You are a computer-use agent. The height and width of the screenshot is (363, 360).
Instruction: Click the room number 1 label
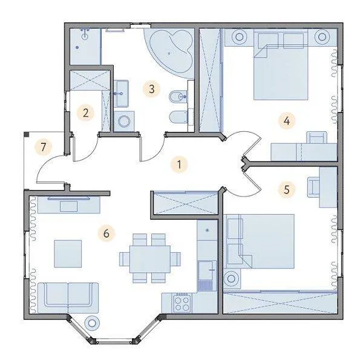click(179, 165)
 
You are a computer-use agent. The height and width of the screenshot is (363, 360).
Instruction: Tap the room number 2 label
click(86, 113)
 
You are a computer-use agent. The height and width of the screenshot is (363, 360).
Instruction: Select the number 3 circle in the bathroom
click(152, 89)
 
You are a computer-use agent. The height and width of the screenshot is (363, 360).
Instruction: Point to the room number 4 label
click(287, 120)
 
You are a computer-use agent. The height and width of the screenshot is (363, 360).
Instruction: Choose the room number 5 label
click(287, 189)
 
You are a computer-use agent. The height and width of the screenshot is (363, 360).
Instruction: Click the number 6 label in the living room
click(106, 234)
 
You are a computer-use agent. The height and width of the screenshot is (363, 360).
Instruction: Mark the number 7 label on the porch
click(43, 147)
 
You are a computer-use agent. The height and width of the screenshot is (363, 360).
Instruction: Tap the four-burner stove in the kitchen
click(182, 304)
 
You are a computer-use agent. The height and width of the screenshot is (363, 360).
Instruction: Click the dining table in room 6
click(150, 259)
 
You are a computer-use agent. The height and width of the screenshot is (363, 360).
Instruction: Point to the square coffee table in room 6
click(68, 253)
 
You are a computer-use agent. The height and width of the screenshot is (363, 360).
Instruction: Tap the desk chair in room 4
click(317, 137)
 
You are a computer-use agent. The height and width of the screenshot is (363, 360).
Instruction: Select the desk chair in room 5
click(313, 187)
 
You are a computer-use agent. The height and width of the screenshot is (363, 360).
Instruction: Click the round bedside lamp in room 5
click(231, 279)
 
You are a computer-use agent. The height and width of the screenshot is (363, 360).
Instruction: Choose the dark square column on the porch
click(27, 134)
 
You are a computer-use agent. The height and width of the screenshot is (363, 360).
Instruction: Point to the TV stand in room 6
click(69, 204)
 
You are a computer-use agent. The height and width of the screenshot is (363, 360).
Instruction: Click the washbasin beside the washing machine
click(121, 94)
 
